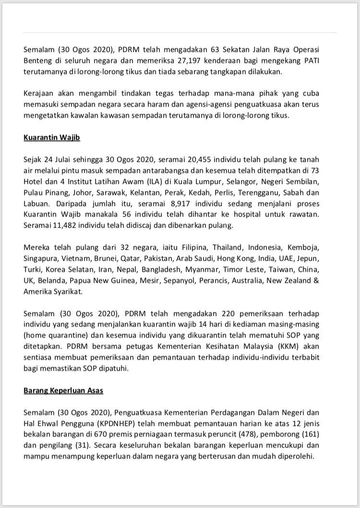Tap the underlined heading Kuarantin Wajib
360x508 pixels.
click(52, 137)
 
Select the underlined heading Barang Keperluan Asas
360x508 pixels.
click(63, 390)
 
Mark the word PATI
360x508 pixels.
click(327, 61)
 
